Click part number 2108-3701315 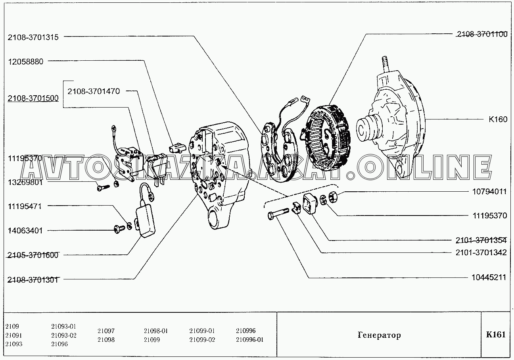pos(33,37)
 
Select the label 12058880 pos(26,62)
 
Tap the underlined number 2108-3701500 pos(33,98)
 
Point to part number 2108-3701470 pos(94,91)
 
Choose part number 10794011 pos(489,191)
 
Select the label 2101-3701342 pos(481,252)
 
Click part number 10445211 pos(489,277)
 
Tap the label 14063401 pos(25,231)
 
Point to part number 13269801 pos(25,183)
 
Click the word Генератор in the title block pos(379,335)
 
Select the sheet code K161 pos(496,335)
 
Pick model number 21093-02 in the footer pos(64,335)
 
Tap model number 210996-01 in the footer pos(249,340)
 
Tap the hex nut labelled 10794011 pos(333,197)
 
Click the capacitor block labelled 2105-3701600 pos(146,221)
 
